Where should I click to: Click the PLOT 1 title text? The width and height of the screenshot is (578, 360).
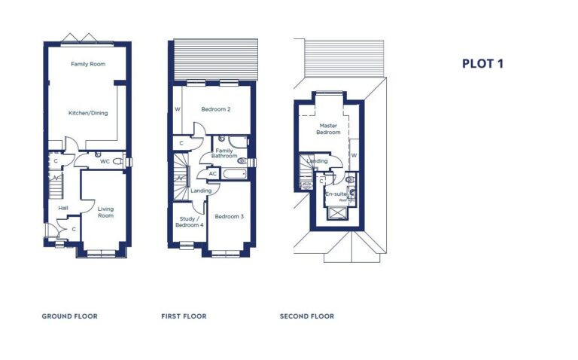482,64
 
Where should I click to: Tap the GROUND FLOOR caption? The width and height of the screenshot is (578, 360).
69,316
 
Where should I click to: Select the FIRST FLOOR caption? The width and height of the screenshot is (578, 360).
184,316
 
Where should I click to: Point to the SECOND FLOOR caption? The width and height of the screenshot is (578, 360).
306,316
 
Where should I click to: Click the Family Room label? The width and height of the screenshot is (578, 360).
88,64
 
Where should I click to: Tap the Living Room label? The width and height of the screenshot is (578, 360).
105,212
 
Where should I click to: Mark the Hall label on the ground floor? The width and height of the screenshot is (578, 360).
63,208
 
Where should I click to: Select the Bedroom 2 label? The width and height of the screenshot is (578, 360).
215,109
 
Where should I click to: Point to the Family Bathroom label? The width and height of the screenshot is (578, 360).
224,153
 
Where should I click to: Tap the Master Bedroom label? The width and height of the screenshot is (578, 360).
329,129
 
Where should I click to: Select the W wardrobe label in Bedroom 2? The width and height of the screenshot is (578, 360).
178,109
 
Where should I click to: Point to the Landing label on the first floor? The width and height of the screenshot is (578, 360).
201,191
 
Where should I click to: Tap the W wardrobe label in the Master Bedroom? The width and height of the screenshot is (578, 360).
354,155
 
